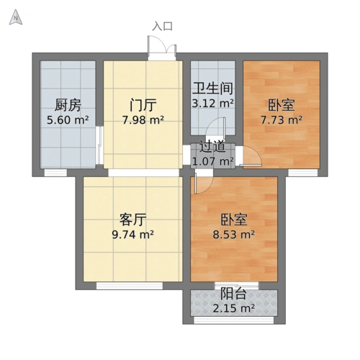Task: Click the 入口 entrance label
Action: coord(163,26)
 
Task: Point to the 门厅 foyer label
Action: coord(141,103)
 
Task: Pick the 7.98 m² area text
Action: coord(141,120)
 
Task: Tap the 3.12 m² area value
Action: coord(212,104)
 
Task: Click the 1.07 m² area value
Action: coord(212,161)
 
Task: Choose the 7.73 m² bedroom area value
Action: coord(281,120)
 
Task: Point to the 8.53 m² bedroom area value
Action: coord(236,233)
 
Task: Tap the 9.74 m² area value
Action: coord(132,233)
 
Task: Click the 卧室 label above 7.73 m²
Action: coord(281,103)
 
